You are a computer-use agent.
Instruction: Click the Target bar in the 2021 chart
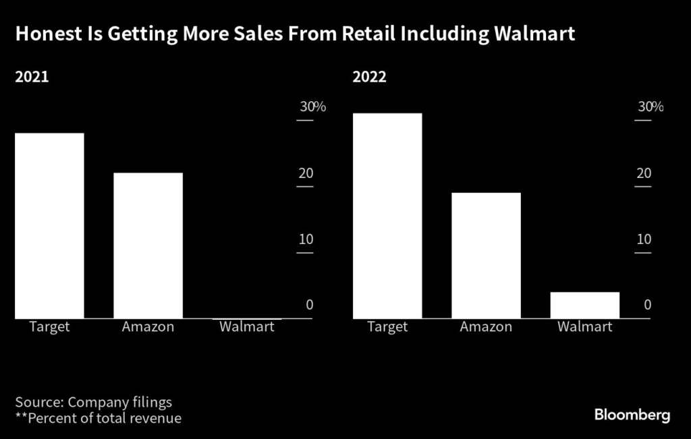tap(49, 225)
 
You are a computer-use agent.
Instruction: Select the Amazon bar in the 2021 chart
tap(148, 245)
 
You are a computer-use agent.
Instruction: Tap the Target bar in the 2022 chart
tap(387, 215)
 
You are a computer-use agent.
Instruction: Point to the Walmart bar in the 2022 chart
tap(584, 305)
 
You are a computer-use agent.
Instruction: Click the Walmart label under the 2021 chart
tap(247, 327)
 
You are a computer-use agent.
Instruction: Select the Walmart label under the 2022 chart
tap(584, 327)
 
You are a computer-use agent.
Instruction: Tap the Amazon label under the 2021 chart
tap(148, 327)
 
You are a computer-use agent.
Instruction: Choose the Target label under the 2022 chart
tap(387, 327)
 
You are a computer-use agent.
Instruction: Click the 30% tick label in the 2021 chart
tap(312, 107)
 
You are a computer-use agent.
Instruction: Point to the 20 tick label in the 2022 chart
tap(644, 173)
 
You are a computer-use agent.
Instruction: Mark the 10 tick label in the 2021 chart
tap(306, 239)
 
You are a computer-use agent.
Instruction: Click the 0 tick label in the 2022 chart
tap(646, 305)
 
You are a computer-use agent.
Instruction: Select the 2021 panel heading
tap(32, 76)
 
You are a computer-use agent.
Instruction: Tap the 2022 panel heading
tap(370, 76)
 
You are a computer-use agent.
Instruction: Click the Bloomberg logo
tap(632, 415)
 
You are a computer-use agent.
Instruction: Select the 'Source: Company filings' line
tap(94, 403)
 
